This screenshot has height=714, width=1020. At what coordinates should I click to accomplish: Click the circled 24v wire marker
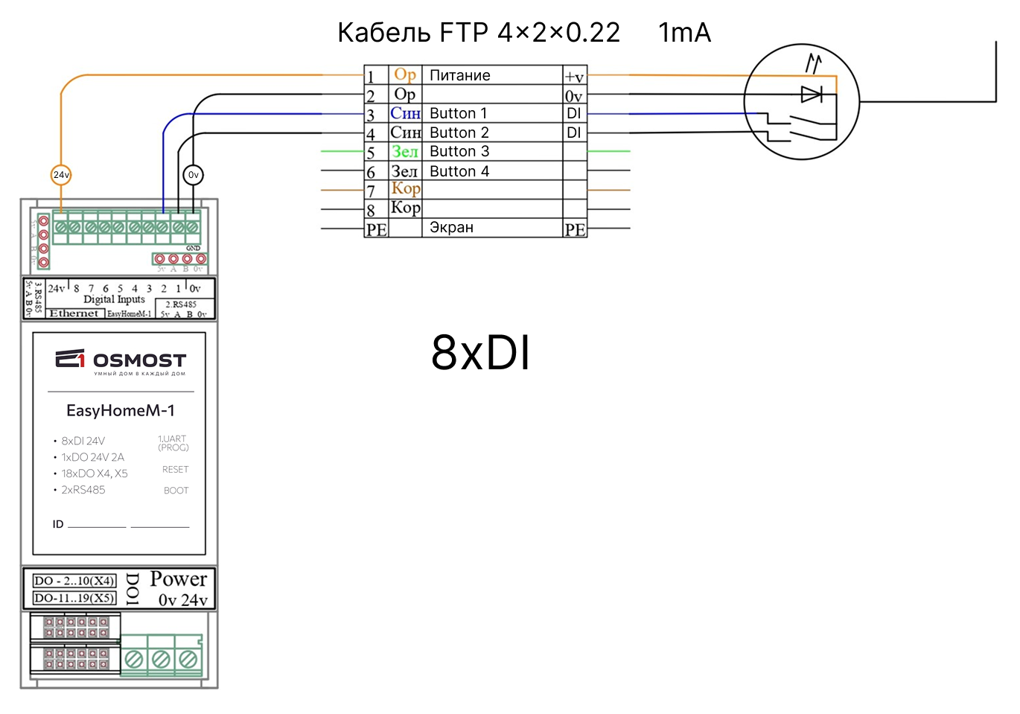click(x=61, y=175)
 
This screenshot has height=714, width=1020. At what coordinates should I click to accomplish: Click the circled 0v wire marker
click(x=193, y=175)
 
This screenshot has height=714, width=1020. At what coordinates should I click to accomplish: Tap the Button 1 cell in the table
click(x=459, y=114)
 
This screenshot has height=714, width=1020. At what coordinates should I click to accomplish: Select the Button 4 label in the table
click(x=459, y=171)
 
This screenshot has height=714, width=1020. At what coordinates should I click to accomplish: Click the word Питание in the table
click(x=460, y=75)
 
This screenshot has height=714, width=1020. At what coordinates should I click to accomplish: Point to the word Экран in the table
click(x=451, y=228)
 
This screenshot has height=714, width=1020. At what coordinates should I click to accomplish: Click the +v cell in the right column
click(x=574, y=77)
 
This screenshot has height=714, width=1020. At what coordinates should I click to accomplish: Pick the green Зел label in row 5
click(x=405, y=151)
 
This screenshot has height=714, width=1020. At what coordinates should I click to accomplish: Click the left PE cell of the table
click(x=376, y=229)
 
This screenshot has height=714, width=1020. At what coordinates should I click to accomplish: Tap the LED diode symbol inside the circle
click(x=811, y=95)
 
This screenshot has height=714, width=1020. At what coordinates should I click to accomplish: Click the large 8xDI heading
click(x=481, y=352)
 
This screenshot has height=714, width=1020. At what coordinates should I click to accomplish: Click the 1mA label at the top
click(x=685, y=33)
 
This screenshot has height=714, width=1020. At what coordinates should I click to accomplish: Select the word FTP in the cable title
click(x=464, y=33)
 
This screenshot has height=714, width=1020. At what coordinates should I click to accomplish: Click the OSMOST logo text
click(x=139, y=360)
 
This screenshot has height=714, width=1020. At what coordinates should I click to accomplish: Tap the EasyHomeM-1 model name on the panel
click(x=121, y=410)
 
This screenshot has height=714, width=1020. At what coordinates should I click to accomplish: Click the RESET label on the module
click(x=176, y=470)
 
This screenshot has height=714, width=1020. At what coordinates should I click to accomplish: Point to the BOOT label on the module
click(x=176, y=491)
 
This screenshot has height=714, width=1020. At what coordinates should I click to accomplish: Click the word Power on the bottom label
click(x=179, y=579)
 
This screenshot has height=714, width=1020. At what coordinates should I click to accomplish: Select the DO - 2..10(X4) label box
click(x=74, y=581)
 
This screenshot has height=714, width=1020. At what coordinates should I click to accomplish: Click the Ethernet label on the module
click(x=74, y=313)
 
